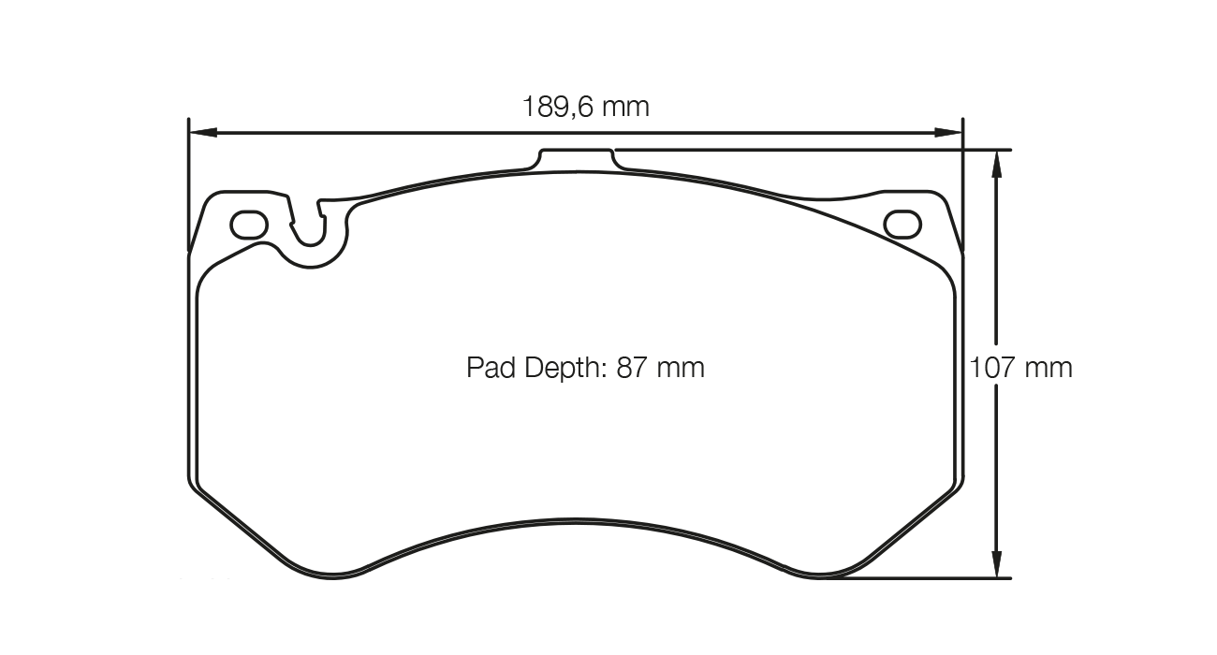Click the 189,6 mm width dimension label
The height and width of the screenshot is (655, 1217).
[x=585, y=107]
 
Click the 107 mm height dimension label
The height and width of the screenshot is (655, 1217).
[x=1019, y=368]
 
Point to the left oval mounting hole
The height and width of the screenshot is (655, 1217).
[x=249, y=225]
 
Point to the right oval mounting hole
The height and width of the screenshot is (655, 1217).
[x=902, y=225]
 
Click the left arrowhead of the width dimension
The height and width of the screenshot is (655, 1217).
[x=202, y=133]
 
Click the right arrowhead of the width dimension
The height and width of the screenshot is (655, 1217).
[x=949, y=133]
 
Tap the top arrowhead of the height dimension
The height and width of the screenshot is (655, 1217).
[x=998, y=163]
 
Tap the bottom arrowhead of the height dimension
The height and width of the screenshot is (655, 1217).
[x=998, y=564]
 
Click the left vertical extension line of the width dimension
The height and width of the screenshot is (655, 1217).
[x=189, y=187]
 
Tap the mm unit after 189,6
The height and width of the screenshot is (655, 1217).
[x=624, y=107]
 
